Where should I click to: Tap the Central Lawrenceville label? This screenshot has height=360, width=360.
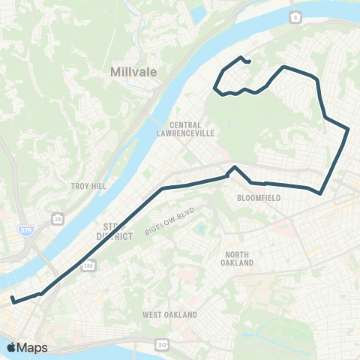coord(192,129)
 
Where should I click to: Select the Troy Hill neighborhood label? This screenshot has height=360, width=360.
coord(88,185)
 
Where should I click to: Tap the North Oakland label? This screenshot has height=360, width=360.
coord(241,259)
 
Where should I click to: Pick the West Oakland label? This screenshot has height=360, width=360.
coord(169,315)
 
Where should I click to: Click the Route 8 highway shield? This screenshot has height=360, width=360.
coord(295,16)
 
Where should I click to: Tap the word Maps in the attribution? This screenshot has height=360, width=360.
coord(33,347)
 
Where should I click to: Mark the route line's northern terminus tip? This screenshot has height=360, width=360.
coord(248,64)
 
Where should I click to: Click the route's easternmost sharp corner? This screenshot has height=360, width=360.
coord(349,129)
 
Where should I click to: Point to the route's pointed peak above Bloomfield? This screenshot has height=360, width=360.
coord(235,166)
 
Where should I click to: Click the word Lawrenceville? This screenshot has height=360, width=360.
coord(192,133)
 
